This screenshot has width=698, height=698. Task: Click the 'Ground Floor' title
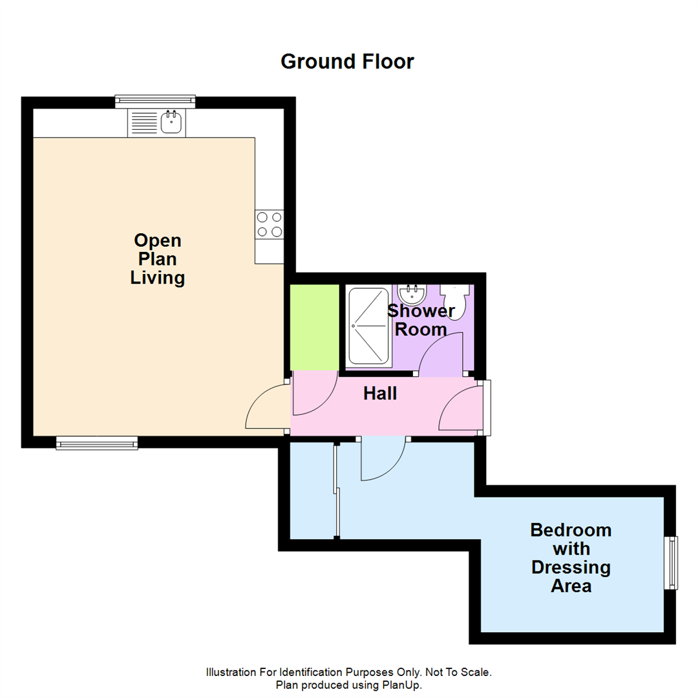pyautogui.click(x=347, y=61)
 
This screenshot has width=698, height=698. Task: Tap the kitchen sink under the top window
pyautogui.click(x=157, y=123)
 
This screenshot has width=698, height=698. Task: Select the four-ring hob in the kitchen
pyautogui.click(x=270, y=224)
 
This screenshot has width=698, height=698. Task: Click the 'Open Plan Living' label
pyautogui.click(x=158, y=259)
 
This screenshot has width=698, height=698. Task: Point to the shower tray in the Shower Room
pyautogui.click(x=369, y=326)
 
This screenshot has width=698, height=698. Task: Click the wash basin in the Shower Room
pyautogui.click(x=411, y=294)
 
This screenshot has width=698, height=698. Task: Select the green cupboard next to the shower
pyautogui.click(x=314, y=326)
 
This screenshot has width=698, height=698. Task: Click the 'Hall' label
pyautogui.click(x=379, y=393)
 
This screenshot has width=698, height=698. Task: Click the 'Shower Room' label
pyautogui.click(x=421, y=320)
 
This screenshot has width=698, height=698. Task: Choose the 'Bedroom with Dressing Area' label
pyautogui.click(x=571, y=558)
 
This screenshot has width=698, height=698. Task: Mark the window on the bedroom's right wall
pyautogui.click(x=672, y=562)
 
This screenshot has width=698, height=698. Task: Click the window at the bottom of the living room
pyautogui.click(x=97, y=443)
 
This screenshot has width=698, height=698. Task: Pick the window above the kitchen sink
pyautogui.click(x=155, y=100)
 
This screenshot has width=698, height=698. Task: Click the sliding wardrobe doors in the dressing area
pyautogui.click(x=336, y=491)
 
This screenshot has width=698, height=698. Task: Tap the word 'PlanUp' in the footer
pyautogui.click(x=405, y=684)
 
